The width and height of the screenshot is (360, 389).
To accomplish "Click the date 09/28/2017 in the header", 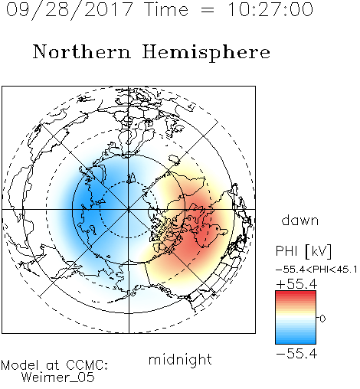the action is [x=70, y=10].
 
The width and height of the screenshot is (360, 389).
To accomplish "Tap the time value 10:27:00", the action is [x=270, y=10].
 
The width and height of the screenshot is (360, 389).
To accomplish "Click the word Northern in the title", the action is [x=82, y=51].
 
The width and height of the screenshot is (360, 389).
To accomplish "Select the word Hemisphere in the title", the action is [x=206, y=53].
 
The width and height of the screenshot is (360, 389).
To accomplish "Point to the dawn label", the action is [x=300, y=220].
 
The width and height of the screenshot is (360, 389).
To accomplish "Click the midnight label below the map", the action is [x=180, y=359].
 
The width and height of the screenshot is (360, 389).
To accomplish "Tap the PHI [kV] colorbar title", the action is [x=304, y=251].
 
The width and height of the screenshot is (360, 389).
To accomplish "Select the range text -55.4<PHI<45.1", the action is [x=316, y=270].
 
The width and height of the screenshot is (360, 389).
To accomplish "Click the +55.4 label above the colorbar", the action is [x=296, y=284].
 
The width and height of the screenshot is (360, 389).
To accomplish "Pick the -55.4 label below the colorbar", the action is [x=296, y=354].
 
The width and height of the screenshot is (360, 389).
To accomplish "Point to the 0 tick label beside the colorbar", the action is [x=322, y=319].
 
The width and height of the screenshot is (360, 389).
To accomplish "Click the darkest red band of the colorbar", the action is [x=296, y=293].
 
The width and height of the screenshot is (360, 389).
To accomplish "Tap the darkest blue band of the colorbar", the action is [x=296, y=342].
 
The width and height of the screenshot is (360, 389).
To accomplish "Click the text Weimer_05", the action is [x=58, y=378].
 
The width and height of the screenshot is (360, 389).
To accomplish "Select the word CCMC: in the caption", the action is [x=87, y=365].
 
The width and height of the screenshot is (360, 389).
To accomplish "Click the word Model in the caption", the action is [x=21, y=365].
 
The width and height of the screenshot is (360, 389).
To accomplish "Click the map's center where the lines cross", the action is [x=129, y=210].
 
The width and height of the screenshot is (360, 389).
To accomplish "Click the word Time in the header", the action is [x=166, y=10].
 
